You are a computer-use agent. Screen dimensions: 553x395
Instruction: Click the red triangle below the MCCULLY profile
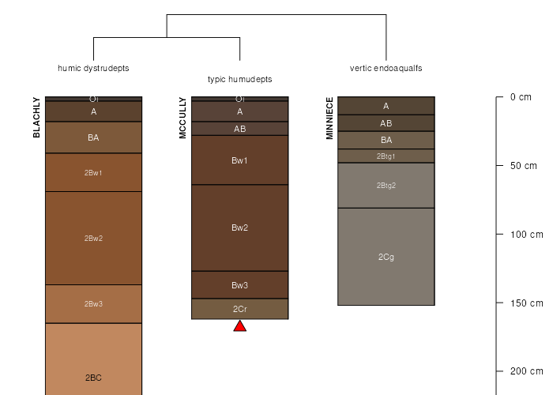point(240,326)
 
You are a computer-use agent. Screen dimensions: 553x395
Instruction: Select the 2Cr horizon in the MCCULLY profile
point(240,309)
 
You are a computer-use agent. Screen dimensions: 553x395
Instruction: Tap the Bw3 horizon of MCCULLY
point(240,285)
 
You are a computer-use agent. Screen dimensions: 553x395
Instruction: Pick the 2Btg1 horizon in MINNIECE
point(386,156)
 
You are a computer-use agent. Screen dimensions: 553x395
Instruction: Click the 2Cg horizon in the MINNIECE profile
point(386,257)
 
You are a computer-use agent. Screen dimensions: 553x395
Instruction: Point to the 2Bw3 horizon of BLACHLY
point(93,304)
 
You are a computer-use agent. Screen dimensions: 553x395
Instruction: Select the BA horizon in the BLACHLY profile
point(93,137)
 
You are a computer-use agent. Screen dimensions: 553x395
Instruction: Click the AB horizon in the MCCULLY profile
point(240,129)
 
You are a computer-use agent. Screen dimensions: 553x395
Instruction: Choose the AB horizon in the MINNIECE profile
point(386,123)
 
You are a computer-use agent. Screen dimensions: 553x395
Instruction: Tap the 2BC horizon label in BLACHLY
point(93,378)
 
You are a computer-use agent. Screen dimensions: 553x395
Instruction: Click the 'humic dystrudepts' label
point(93,68)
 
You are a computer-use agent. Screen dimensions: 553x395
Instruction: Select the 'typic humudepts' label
point(240,79)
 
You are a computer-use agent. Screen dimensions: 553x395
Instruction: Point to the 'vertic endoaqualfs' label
point(386,68)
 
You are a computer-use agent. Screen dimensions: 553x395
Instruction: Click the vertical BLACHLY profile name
point(36,118)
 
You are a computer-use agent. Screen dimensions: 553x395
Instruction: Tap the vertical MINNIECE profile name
point(329,118)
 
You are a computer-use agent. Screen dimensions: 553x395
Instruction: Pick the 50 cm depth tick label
point(523,166)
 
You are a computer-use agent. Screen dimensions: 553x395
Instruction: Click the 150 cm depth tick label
point(527,303)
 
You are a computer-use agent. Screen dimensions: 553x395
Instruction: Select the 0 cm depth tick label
point(521,97)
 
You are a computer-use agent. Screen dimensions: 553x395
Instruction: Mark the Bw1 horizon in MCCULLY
point(240,160)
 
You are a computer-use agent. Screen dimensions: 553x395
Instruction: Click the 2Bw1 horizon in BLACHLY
point(93,172)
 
